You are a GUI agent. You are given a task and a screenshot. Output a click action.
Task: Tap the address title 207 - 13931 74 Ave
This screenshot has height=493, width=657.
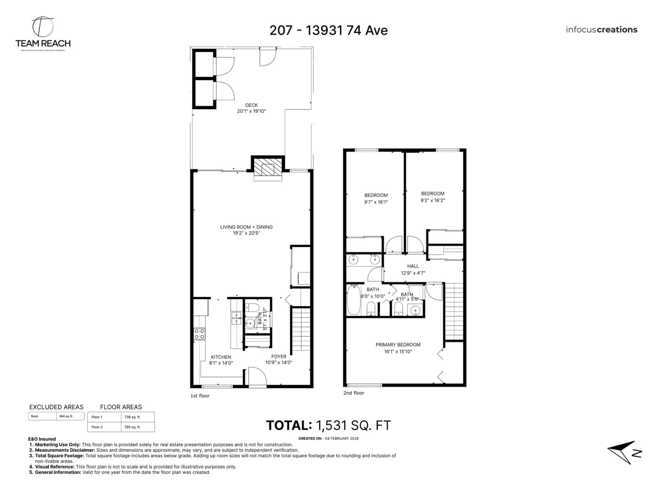[328, 30]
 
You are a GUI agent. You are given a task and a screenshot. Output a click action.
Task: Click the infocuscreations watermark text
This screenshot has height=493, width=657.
[601, 30]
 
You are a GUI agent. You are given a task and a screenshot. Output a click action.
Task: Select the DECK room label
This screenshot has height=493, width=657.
[251, 105]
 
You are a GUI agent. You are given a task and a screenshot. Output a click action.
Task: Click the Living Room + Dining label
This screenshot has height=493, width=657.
[246, 227]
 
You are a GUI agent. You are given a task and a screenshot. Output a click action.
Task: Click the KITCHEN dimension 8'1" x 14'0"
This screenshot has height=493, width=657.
[221, 363]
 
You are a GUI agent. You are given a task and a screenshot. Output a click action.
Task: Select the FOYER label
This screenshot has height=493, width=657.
[279, 356]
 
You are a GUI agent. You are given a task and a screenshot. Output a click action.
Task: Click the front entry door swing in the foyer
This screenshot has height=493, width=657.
[257, 376]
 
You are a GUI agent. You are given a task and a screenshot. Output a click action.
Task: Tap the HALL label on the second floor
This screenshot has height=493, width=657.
[413, 266]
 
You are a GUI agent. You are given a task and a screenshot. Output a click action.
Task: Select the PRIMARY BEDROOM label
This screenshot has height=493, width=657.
[398, 345]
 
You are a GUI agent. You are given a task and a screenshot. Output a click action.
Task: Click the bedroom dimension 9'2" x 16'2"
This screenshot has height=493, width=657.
[433, 200]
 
